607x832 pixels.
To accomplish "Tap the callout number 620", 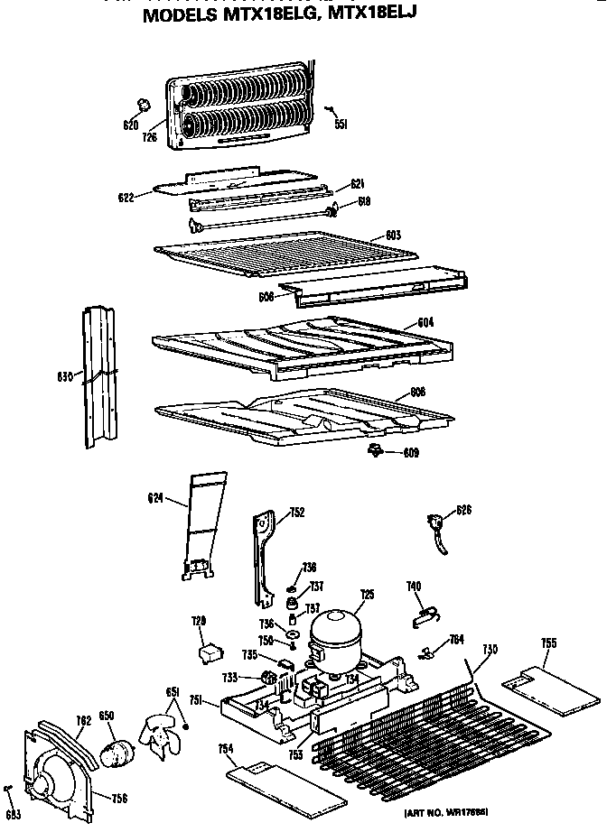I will click(x=130, y=125).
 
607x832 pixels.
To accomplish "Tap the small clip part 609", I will click(x=373, y=449).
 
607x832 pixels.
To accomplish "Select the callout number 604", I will click(x=426, y=323).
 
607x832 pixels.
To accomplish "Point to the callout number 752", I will click(x=296, y=513).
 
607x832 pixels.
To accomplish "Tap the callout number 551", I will click(x=341, y=125).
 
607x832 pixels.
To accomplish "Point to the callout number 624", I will click(x=155, y=496).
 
